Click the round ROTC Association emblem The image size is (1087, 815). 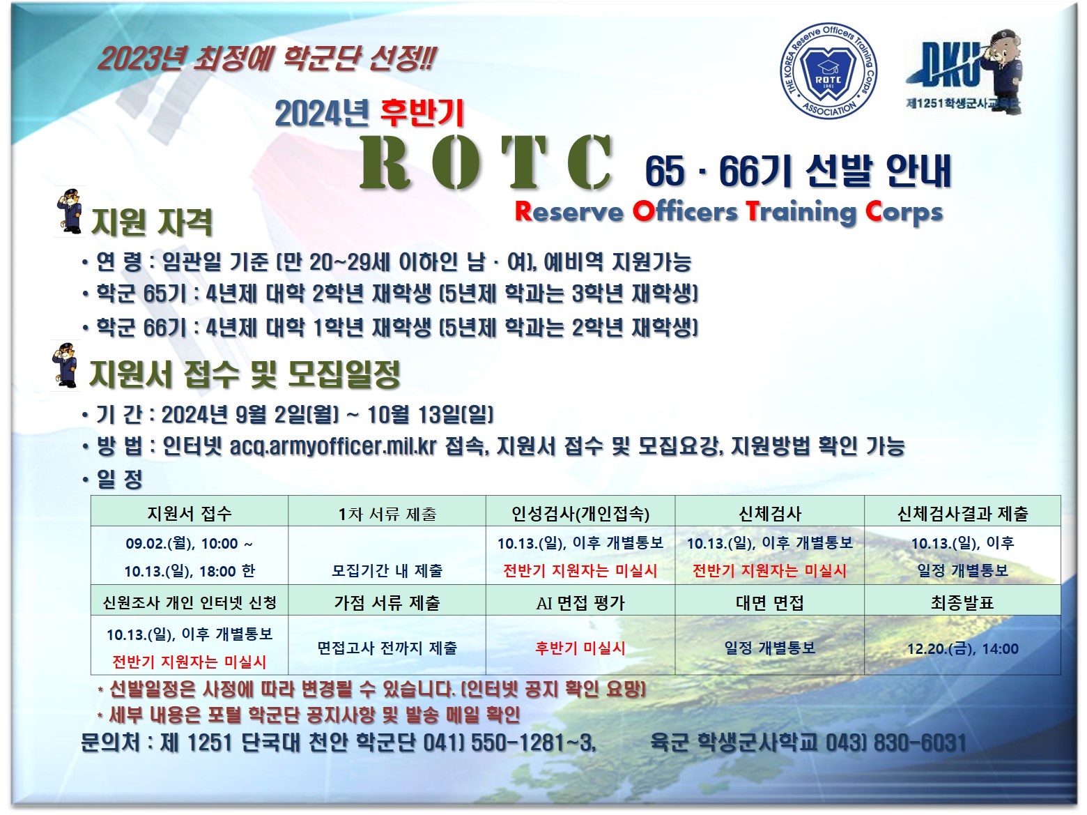tap(828, 71)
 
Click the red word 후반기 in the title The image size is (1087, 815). tap(422, 113)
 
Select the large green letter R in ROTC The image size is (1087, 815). tap(385, 162)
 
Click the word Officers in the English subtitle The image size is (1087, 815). tap(685, 211)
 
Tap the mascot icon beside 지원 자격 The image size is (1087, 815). tap(69, 211)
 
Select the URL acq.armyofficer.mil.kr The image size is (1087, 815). tap(333, 446)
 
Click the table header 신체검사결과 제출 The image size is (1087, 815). tap(962, 513)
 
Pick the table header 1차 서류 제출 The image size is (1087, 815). tap(387, 514)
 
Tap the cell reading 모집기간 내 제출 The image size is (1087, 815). tap(387, 571)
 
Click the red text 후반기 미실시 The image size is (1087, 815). tap(580, 648)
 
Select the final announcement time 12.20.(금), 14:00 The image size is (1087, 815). tap(962, 648)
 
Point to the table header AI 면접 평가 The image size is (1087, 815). tap(580, 603)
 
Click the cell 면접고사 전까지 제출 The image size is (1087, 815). tap(387, 648)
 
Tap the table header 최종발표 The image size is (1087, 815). tap(962, 602)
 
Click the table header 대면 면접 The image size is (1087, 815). tap(769, 602)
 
